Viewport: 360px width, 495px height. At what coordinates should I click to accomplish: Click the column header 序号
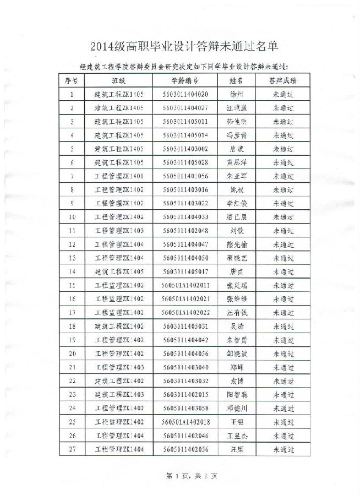pyautogui.click(x=72, y=80)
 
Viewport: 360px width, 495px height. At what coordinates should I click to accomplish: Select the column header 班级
pyautogui.click(x=119, y=80)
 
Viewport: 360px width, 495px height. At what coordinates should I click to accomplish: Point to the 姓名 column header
pyautogui.click(x=236, y=80)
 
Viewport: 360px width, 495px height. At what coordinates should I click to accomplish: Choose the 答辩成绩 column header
pyautogui.click(x=283, y=80)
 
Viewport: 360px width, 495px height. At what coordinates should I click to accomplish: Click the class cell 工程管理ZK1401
pyautogui.click(x=119, y=176)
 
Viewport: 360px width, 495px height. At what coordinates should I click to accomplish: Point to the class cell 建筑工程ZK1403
pyautogui.click(x=119, y=395)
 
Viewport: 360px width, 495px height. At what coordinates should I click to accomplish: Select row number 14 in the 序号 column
pyautogui.click(x=72, y=272)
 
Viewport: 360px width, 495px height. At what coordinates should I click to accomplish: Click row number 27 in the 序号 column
pyautogui.click(x=72, y=450)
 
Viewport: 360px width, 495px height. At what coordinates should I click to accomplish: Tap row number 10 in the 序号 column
pyautogui.click(x=72, y=217)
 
